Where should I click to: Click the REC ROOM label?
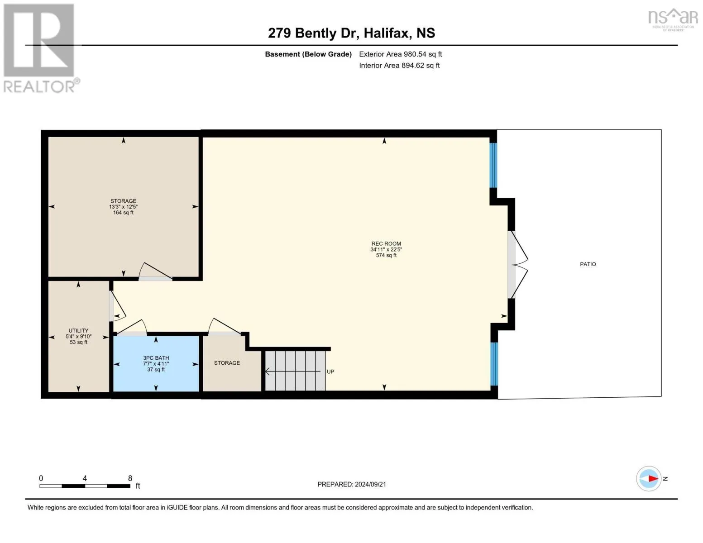click(386, 244)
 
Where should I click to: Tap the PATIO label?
click(588, 264)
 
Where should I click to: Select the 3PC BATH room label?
click(156, 358)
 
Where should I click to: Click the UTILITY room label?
click(78, 331)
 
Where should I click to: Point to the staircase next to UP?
click(295, 371)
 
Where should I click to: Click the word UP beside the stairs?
click(330, 372)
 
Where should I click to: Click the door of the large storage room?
click(155, 272)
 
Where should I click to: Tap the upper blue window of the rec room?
click(493, 165)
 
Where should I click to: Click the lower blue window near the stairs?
click(494, 364)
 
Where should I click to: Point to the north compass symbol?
click(649, 478)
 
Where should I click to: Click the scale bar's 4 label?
click(85, 478)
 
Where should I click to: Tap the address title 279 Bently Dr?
click(351, 33)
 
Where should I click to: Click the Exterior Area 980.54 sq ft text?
click(400, 54)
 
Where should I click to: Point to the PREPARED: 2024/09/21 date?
click(351, 484)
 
